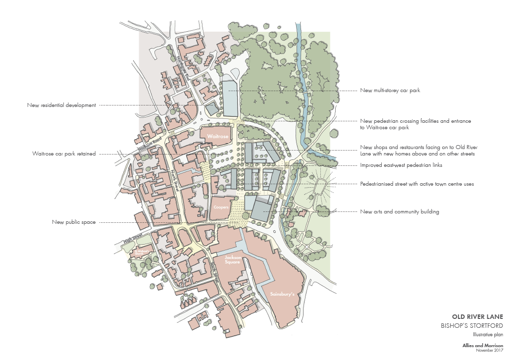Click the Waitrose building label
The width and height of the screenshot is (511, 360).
tap(217, 136)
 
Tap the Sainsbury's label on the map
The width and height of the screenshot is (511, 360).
tap(282, 294)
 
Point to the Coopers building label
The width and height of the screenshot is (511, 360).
tap(221, 207)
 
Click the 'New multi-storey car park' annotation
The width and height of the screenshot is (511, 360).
tap(390, 91)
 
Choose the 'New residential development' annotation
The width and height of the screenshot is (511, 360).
tap(62, 105)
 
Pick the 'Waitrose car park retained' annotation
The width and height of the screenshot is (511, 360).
tap(64, 154)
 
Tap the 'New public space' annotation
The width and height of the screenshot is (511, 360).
tap(74, 222)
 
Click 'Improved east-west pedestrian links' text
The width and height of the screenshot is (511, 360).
tap(401, 165)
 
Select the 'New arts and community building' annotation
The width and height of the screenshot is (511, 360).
tap(400, 212)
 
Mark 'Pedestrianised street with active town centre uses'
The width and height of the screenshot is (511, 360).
tap(417, 184)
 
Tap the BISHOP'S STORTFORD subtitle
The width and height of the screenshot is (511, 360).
tap(472, 325)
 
